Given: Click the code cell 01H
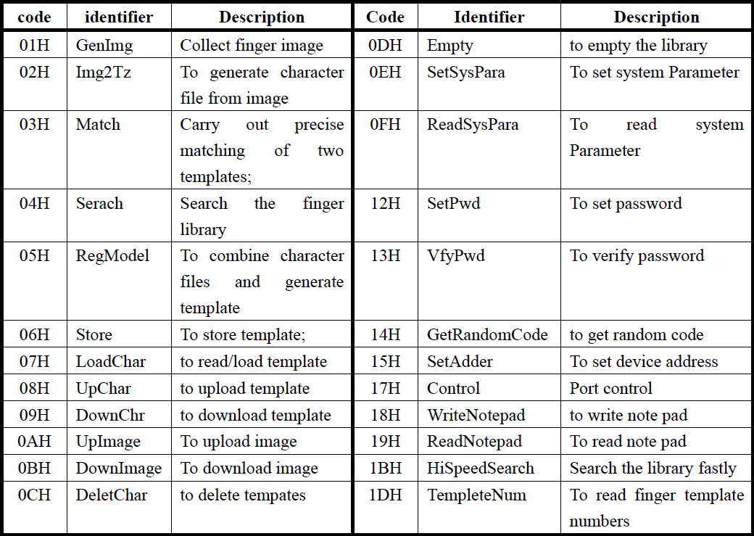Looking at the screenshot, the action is (34, 45).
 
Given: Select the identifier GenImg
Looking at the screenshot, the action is (104, 46).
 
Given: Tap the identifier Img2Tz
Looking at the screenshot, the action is (104, 73).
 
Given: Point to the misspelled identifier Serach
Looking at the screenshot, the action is (99, 203).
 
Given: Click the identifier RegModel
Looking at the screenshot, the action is (112, 256).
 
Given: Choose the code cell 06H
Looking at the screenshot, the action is (34, 334).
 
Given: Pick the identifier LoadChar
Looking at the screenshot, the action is (111, 361).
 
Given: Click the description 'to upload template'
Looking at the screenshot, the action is (245, 389).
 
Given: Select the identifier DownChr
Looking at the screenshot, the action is (110, 415).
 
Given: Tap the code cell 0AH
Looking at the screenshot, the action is (34, 441).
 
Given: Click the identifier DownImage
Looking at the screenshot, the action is (119, 469).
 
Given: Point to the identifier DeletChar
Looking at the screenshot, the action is (112, 495).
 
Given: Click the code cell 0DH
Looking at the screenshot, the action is (385, 45).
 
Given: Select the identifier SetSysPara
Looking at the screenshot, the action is (466, 73).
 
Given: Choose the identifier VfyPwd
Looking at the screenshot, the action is (456, 256).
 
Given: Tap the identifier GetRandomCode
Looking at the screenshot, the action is (487, 334).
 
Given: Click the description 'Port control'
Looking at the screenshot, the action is (610, 388).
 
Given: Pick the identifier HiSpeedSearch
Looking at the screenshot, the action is (481, 469).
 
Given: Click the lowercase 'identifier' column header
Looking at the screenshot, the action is (119, 17).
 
